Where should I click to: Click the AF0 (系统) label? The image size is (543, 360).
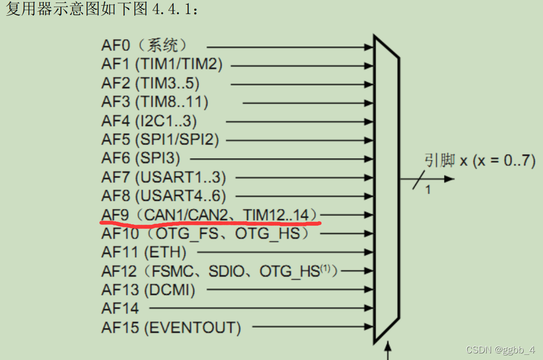pos(144,46)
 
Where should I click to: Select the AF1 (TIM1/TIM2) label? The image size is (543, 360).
pos(162,65)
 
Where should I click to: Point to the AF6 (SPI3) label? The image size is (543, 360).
pos(141,158)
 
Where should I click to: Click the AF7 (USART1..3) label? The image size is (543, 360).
pos(164,177)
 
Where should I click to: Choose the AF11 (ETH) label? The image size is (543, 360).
pos(144,252)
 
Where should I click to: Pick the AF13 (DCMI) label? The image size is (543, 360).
pos(148,290)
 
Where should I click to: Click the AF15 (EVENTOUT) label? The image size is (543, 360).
pos(171,327)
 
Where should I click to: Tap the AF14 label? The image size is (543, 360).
pos(120,308)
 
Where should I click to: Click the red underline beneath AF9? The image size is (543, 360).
pos(210,223)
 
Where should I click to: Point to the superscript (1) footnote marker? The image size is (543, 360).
pos(328,269)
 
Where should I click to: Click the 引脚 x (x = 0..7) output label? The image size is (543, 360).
pos(479,161)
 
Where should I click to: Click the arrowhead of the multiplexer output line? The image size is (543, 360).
pos(449,179)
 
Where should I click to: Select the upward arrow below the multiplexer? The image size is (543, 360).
pos(389,350)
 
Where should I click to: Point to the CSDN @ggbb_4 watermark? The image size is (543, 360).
pos(500,350)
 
